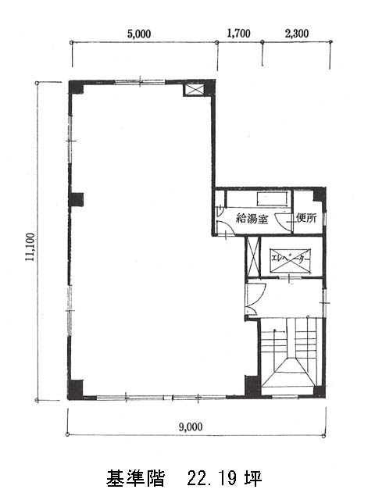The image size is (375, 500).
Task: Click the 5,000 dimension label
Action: point(139,34)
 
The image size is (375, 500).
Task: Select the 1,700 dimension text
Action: point(238,33)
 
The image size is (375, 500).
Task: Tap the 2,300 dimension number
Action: point(297,33)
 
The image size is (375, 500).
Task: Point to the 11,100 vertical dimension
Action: point(30,247)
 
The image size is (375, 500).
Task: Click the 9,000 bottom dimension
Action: point(191,427)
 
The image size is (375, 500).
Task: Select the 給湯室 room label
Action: point(252,219)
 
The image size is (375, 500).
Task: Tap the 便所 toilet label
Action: point(306,218)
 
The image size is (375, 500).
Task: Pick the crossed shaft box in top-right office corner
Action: point(195,89)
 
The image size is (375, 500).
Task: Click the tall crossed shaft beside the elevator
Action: point(253,256)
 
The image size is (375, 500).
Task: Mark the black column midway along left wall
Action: point(77,200)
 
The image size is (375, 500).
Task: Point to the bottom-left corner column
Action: point(75,389)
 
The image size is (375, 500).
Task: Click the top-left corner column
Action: point(76,87)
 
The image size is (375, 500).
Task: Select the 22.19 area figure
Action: point(212,478)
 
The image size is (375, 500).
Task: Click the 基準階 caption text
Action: point(135,478)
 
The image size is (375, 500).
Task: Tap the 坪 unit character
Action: point(253,478)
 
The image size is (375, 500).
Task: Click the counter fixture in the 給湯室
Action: point(273,199)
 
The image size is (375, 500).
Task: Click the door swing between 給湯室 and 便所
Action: point(284,220)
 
